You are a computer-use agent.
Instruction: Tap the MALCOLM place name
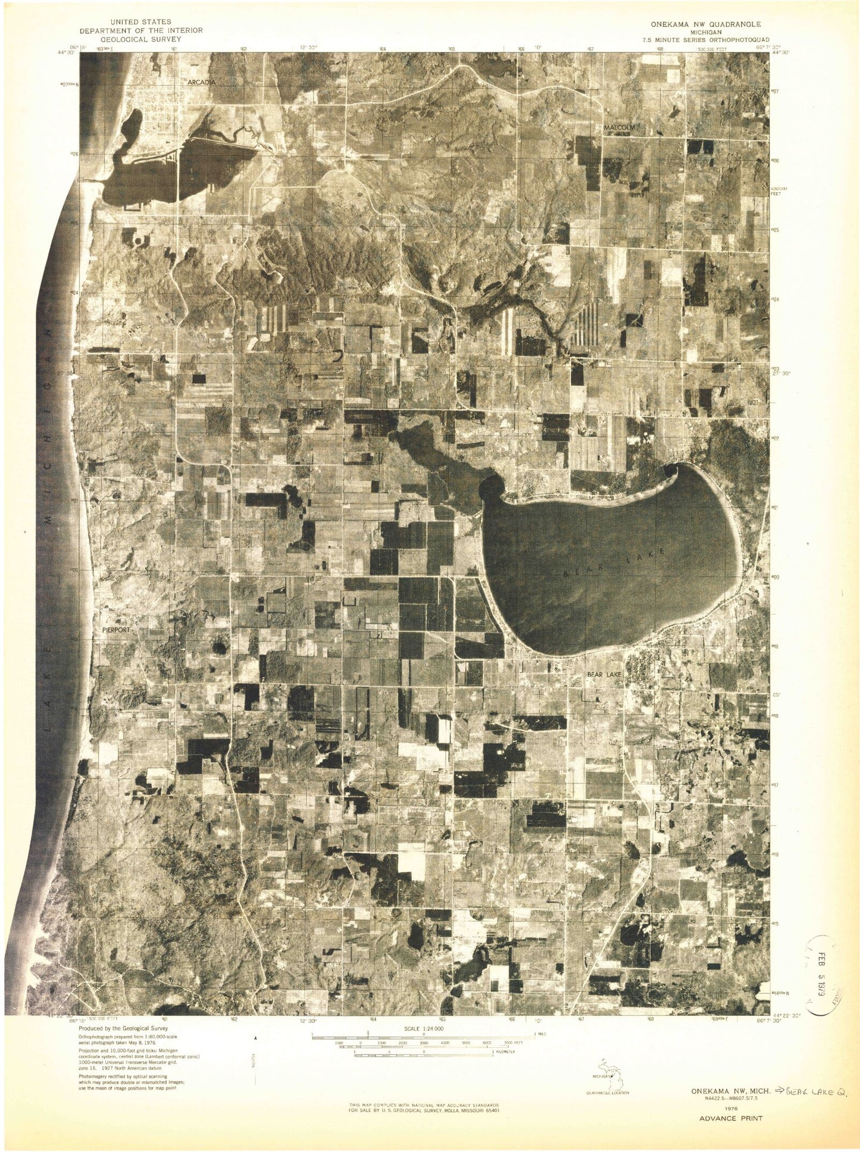[x=621, y=127]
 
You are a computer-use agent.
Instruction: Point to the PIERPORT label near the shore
[x=115, y=628]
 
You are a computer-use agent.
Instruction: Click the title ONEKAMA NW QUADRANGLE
[x=705, y=24]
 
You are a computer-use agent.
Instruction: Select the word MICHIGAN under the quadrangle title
[x=705, y=33]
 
